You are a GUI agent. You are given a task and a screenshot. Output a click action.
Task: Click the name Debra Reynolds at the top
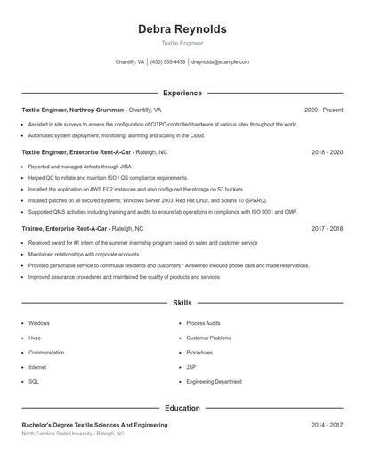(182, 29)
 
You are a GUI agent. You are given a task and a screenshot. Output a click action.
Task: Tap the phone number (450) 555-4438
(167, 62)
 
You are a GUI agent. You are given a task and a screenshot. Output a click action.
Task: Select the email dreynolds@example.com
(220, 62)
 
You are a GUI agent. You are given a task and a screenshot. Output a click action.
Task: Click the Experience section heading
(182, 93)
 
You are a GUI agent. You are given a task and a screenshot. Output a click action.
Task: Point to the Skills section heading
(182, 304)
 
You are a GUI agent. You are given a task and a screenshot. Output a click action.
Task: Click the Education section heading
(182, 408)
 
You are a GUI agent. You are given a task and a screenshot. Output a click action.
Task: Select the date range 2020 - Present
(323, 110)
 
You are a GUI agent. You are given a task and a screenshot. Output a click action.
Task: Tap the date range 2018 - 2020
(327, 152)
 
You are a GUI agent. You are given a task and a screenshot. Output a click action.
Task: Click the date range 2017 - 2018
(327, 229)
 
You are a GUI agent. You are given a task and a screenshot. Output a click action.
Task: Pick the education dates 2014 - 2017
(327, 426)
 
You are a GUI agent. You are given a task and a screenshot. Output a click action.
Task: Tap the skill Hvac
(35, 338)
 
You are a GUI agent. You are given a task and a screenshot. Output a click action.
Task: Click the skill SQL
(34, 381)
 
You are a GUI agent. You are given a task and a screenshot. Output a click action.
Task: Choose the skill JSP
(191, 367)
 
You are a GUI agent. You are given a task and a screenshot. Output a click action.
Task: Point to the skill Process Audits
(203, 323)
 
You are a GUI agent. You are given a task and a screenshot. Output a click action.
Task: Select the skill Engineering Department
(214, 381)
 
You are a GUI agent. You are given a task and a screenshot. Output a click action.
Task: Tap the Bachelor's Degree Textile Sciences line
(94, 426)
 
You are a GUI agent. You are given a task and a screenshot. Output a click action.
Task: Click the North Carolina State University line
(73, 435)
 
